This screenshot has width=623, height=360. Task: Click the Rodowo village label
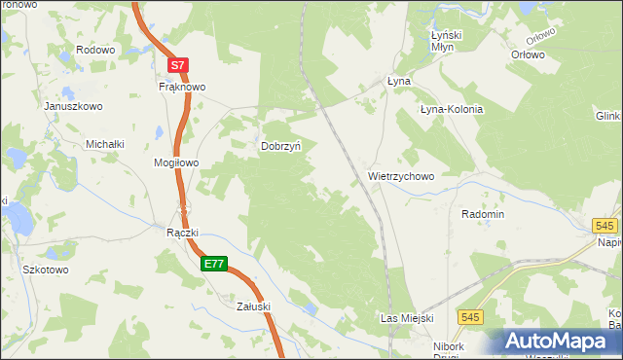coord(95,50)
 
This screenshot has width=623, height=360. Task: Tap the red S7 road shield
coord(176,65)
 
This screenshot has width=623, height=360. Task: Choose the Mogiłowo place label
coord(176,162)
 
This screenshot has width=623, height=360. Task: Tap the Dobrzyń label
coord(281,146)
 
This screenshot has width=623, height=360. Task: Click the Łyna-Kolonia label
coord(451,109)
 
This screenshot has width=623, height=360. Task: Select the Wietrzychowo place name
coord(401,177)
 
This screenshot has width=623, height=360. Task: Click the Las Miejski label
coord(407,318)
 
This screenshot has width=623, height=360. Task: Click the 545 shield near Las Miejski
coord(471,317)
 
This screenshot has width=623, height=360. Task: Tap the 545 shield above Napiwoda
coord(605,226)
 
